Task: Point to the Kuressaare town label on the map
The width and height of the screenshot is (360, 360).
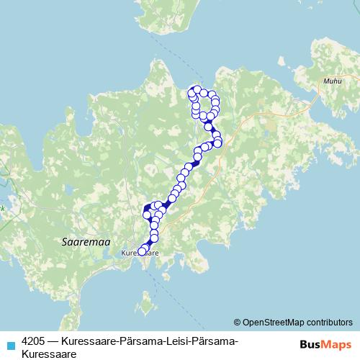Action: [139, 253]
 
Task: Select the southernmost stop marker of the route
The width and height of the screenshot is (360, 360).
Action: [142, 251]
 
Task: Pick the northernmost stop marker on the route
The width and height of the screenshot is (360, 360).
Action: [194, 89]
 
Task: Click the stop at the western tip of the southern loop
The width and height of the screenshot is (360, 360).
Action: [147, 214]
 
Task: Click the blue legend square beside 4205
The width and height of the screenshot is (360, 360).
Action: [9, 341]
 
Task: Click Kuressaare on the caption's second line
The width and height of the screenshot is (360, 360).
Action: [49, 354]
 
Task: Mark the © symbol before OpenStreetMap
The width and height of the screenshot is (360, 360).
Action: [238, 322]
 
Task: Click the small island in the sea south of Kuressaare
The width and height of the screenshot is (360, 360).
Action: [148, 308]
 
